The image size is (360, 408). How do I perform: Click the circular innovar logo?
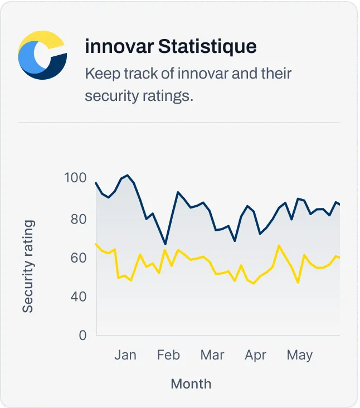tap(42, 55)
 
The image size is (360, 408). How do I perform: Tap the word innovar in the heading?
tap(119, 47)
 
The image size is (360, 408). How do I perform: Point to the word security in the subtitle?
tap(108, 95)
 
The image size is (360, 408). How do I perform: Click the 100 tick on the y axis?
tap(75, 178)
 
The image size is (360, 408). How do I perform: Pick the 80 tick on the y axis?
tap(79, 218)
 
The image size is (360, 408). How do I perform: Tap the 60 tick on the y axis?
tap(79, 258)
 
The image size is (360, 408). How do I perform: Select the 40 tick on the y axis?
tap(79, 297)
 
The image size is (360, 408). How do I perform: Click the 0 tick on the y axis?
tap(82, 335)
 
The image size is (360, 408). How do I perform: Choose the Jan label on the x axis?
tap(125, 355)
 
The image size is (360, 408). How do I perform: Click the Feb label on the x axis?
tap(168, 355)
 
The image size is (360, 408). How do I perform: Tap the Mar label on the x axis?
tap(212, 355)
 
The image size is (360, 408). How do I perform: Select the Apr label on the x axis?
tap(255, 355)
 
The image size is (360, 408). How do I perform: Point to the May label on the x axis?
tap(299, 355)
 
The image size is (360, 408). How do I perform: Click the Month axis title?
tap(191, 383)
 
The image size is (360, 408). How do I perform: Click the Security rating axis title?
tap(28, 266)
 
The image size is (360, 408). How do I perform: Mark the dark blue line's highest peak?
tap(128, 175)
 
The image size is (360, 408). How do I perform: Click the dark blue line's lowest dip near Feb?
tap(165, 244)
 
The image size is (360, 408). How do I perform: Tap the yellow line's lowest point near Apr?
tap(254, 284)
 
